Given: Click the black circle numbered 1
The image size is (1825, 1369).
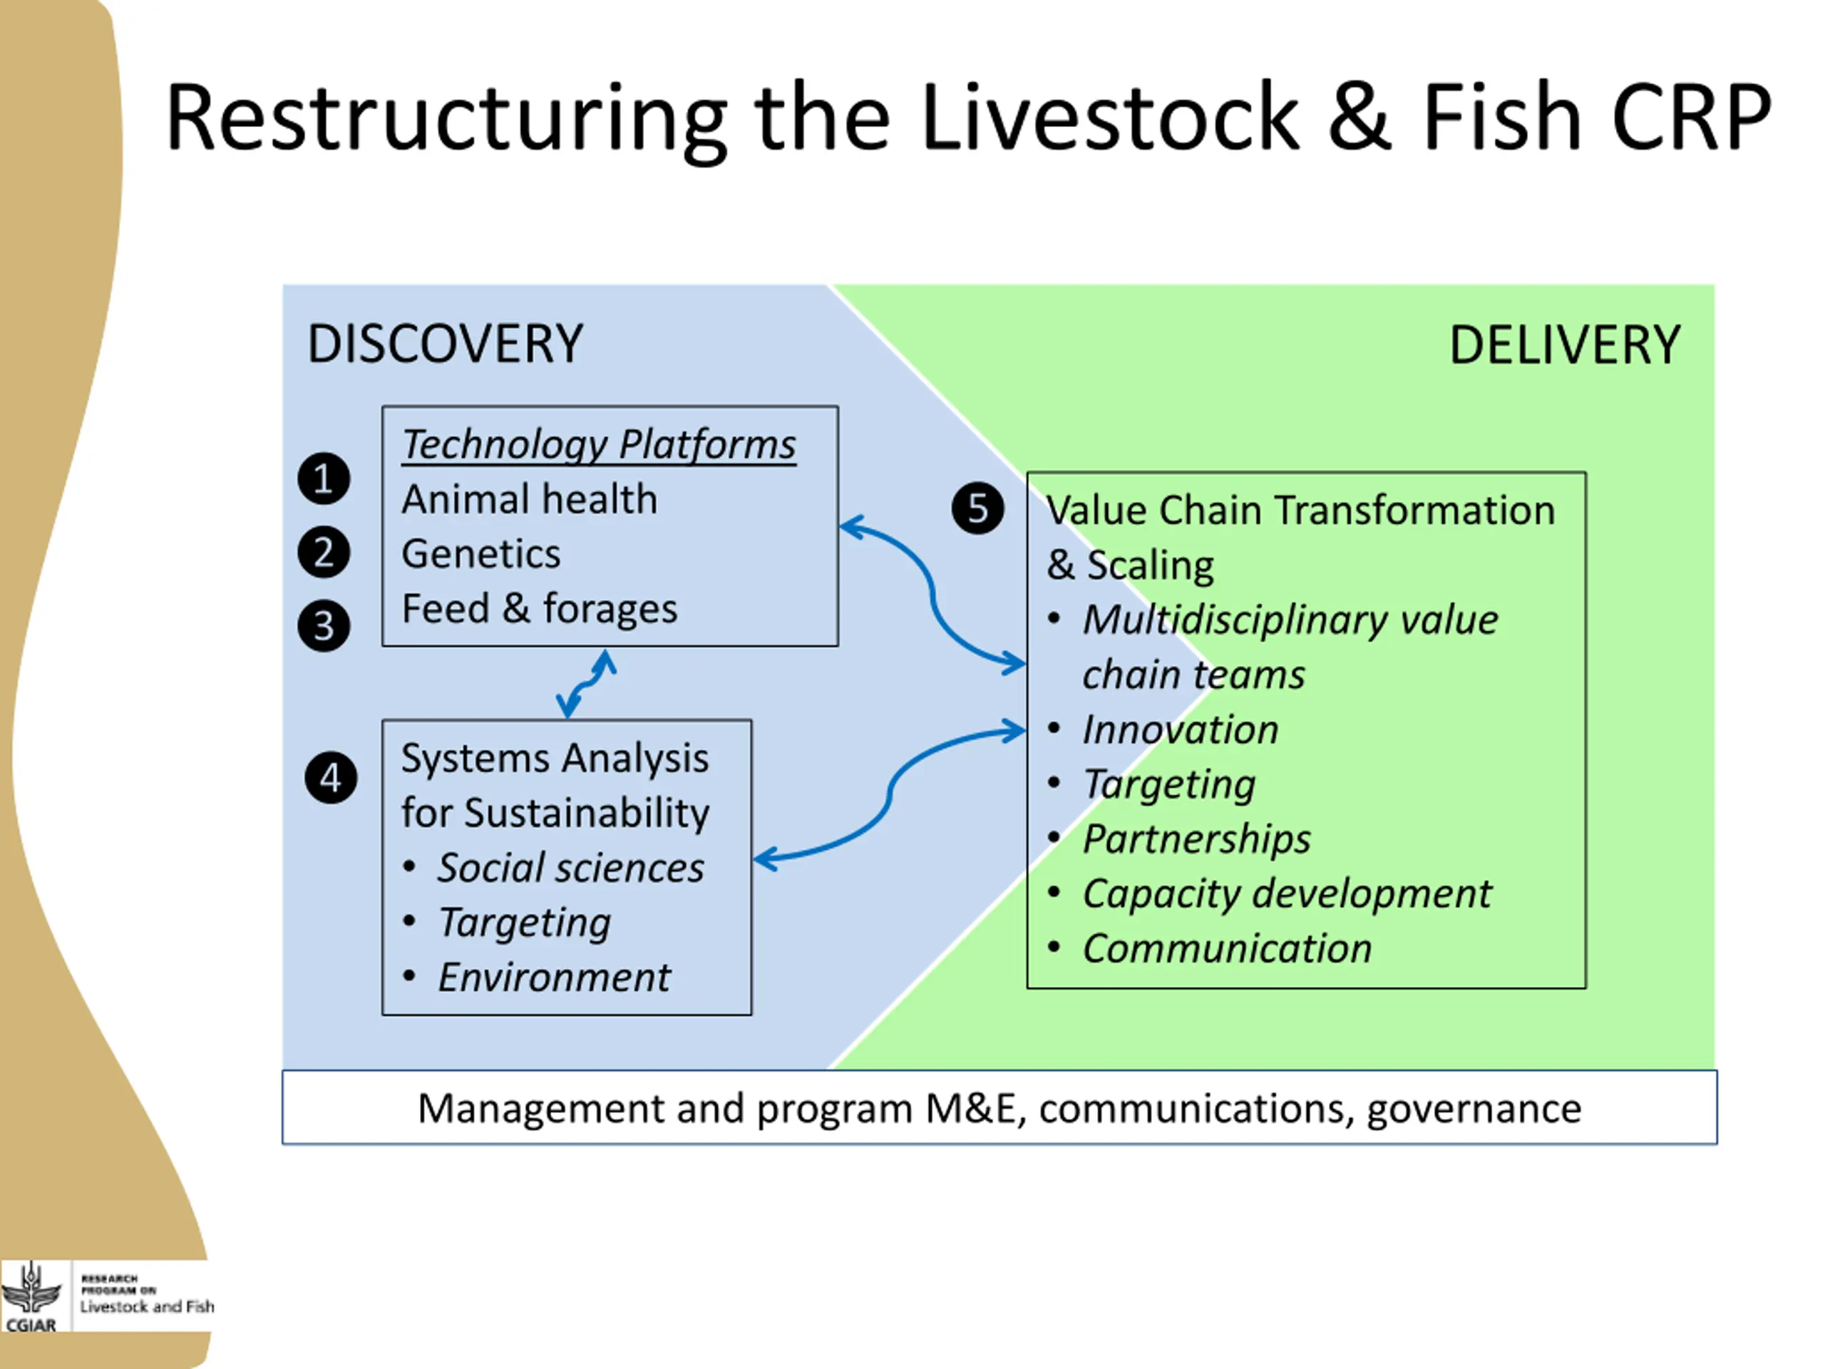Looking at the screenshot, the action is point(324,478).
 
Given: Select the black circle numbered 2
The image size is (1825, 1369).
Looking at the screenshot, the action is point(324,552).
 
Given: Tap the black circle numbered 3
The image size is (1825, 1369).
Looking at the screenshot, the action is point(324,625).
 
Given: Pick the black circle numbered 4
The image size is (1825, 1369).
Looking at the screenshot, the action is point(331,777).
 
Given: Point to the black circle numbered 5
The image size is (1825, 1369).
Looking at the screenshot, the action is point(977,508).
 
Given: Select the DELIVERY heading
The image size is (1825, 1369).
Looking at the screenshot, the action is point(1564,345).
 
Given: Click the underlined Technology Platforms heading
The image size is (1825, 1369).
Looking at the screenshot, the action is point(599,445).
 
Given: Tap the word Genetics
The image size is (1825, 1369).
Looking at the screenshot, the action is point(481,554).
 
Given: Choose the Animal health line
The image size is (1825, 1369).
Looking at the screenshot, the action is point(530,499).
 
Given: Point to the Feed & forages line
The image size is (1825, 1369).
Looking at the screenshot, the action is point(540,609).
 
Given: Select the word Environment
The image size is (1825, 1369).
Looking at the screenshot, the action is point(554,978).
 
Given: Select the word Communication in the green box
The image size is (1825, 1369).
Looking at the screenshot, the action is point(1227,949).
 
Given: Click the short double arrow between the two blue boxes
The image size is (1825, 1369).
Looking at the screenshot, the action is point(587,683).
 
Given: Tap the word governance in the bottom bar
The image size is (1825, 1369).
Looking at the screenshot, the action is point(1474,1109).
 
